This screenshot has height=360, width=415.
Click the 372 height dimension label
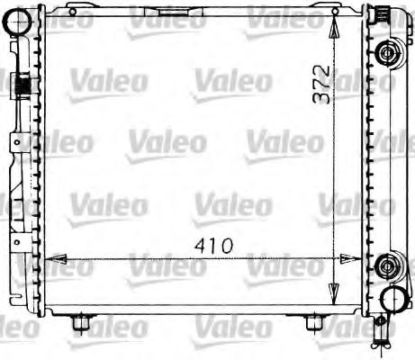(321, 85)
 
